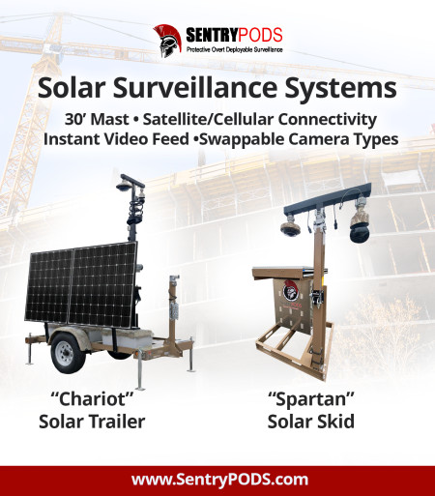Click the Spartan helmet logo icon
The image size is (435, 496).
point(167,40)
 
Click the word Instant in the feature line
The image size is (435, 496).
point(78,139)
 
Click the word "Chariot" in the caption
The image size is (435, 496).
point(89,399)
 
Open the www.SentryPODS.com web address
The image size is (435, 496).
point(219,480)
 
